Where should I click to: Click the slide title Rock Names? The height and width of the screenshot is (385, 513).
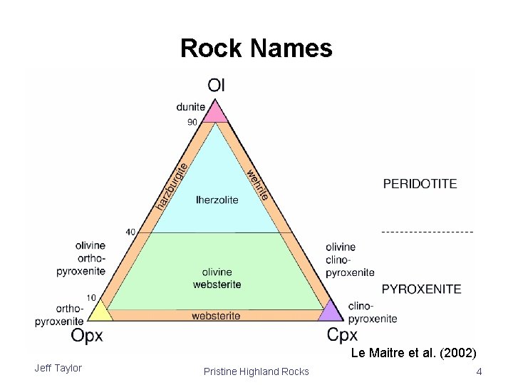[256, 48]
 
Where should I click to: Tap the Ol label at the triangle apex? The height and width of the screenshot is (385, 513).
[217, 85]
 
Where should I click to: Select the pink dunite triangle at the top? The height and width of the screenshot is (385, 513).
[217, 113]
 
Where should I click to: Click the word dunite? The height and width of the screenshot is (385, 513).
[191, 108]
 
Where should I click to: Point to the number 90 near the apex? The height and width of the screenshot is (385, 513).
[192, 122]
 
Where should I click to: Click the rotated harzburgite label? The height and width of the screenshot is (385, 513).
[172, 186]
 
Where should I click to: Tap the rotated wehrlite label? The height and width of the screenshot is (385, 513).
[257, 183]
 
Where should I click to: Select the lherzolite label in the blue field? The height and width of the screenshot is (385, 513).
[217, 200]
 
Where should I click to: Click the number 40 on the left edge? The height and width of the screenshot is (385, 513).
[130, 232]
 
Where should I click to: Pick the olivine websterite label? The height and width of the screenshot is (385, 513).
[217, 278]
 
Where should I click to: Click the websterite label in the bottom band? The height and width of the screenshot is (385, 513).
[217, 315]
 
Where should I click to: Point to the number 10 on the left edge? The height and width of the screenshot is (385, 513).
[92, 297]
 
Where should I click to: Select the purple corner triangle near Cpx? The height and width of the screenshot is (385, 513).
[331, 312]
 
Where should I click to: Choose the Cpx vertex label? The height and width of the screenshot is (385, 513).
[343, 334]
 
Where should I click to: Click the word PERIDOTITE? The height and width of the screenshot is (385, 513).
[420, 183]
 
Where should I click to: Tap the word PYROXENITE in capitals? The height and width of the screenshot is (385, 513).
[422, 289]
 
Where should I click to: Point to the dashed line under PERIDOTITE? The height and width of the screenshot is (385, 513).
[427, 232]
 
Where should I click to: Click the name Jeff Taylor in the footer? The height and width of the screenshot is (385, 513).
[58, 368]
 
